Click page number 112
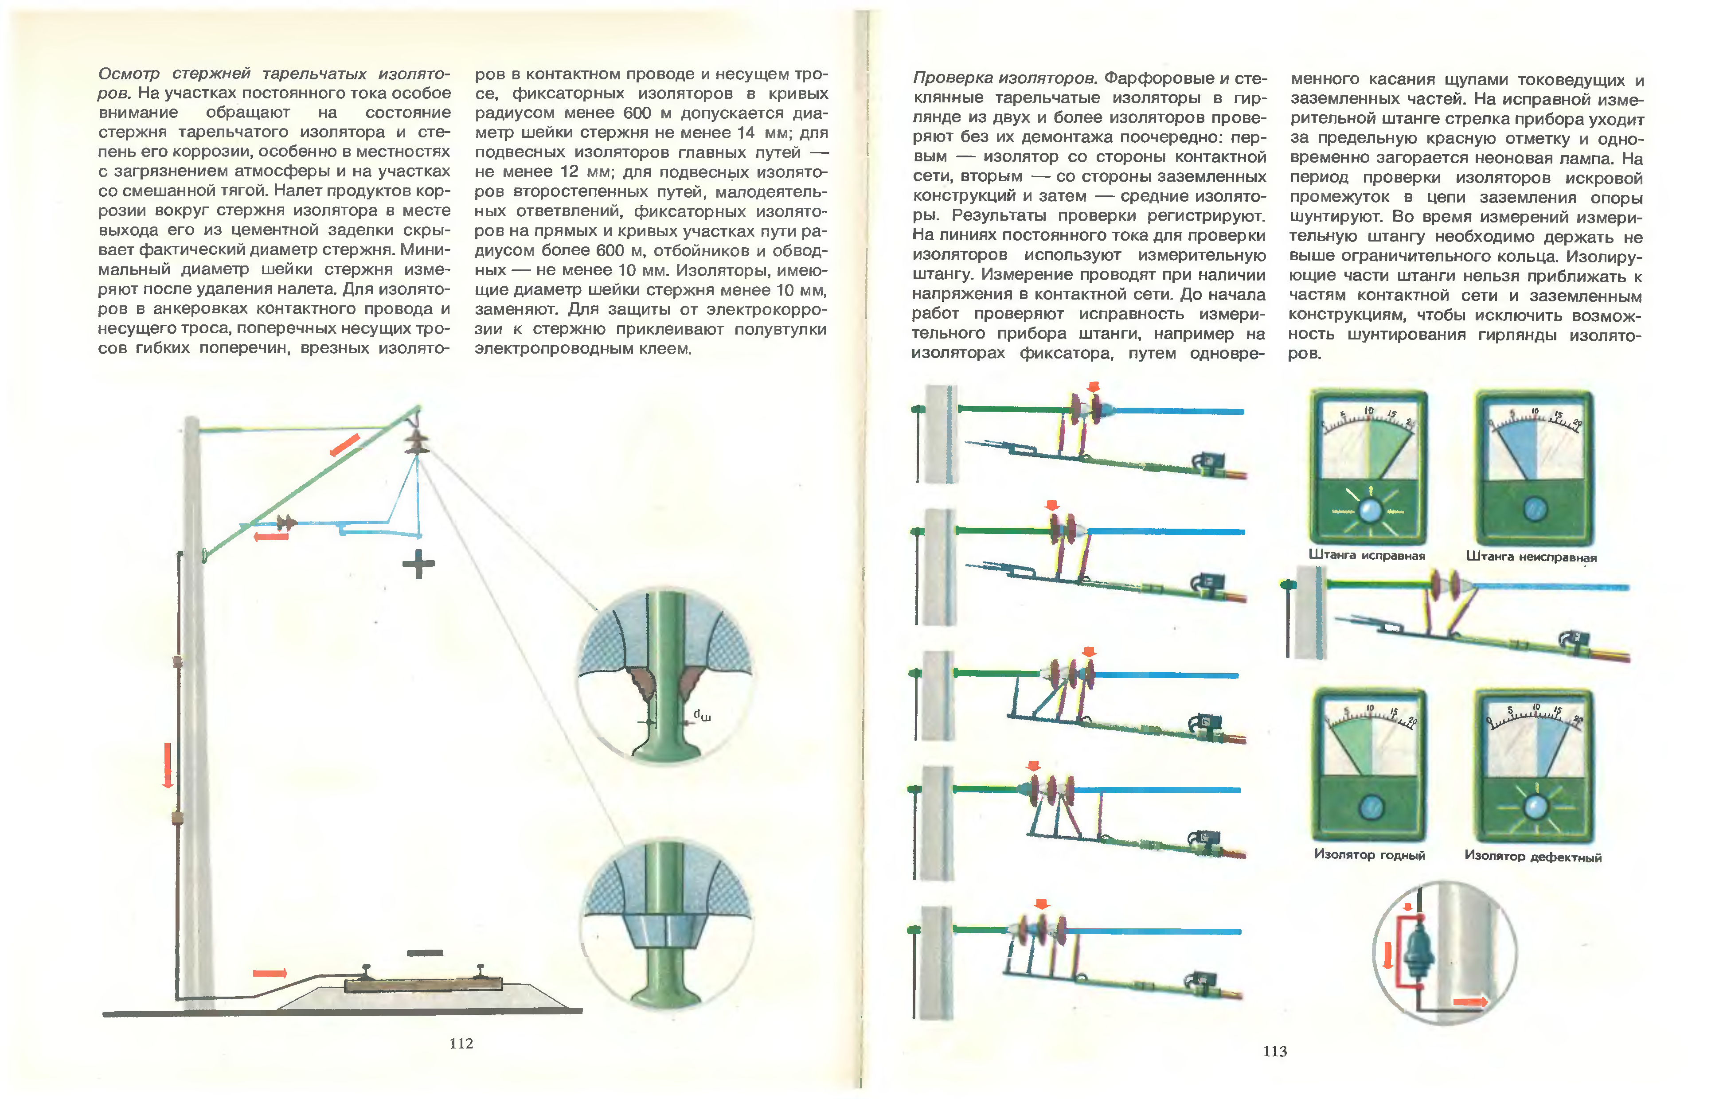tap(461, 1043)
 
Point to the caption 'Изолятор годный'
tap(1369, 854)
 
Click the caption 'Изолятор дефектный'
tap(1533, 856)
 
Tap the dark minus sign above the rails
tap(425, 953)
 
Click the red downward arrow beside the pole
tap(168, 765)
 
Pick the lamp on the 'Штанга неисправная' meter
tap(1534, 509)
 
